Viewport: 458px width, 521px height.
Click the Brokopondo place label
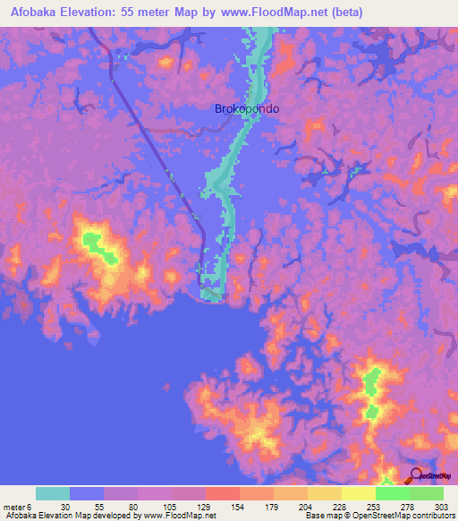click(247, 108)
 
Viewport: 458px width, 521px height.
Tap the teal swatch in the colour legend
click(53, 493)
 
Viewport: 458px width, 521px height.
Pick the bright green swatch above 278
click(393, 493)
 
